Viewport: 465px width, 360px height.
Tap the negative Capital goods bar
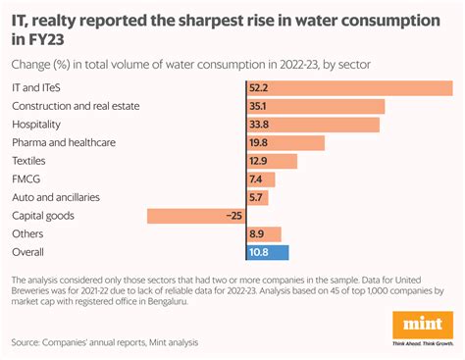(195, 216)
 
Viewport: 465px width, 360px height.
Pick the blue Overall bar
(266, 252)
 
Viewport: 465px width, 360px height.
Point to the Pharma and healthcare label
(64, 142)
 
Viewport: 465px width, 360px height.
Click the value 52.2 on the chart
(259, 88)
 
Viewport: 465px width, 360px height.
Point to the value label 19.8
(259, 143)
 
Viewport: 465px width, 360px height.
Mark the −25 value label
(232, 216)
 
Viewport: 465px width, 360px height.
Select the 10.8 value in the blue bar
(259, 252)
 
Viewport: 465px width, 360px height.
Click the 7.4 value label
(256, 180)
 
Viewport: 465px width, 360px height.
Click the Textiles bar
(271, 161)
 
